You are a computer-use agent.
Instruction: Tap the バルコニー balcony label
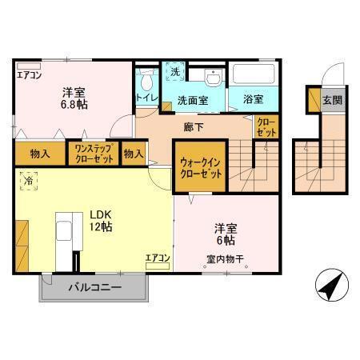click(94, 286)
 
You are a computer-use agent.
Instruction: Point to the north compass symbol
click(330, 285)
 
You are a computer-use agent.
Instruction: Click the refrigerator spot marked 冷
click(27, 182)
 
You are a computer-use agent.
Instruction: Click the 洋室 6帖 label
click(224, 233)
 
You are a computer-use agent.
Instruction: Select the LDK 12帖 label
click(100, 220)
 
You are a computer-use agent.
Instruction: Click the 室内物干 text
click(225, 258)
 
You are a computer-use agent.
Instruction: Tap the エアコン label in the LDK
click(157, 258)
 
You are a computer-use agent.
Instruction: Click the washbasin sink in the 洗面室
click(213, 78)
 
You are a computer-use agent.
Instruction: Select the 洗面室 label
click(193, 102)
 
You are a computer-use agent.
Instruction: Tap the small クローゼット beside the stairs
click(266, 126)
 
